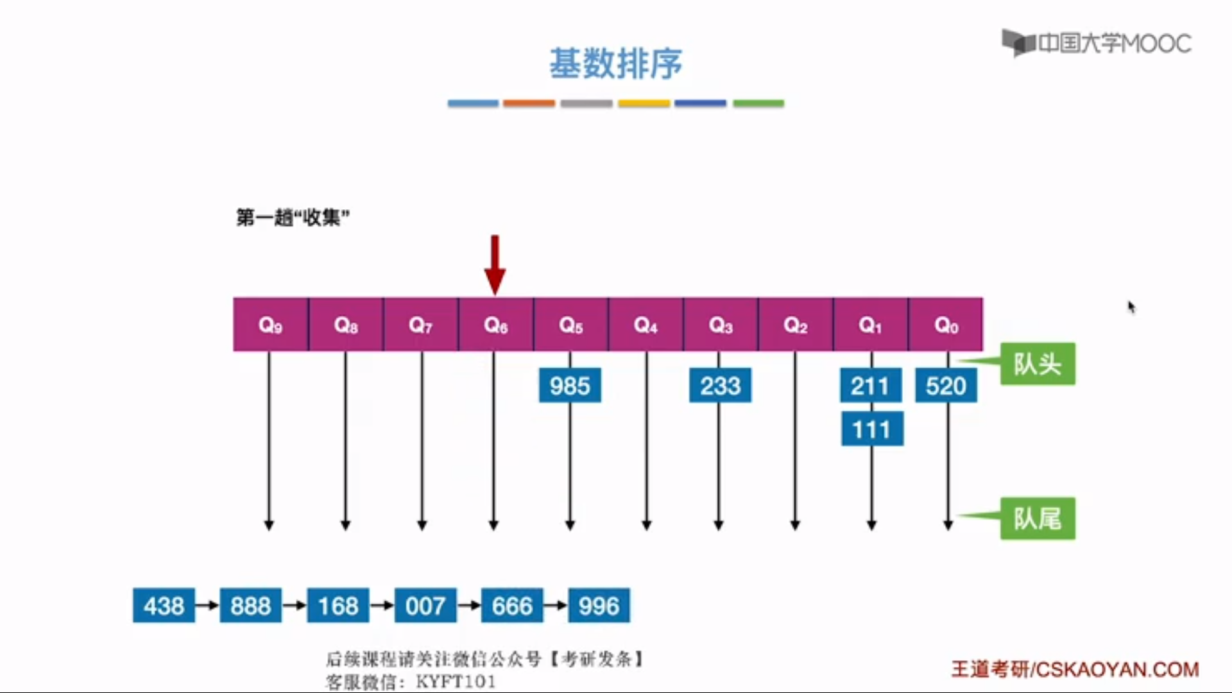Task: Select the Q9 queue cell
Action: click(x=270, y=325)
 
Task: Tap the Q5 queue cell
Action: click(x=570, y=325)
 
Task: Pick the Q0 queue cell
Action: click(x=946, y=325)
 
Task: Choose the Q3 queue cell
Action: click(x=721, y=325)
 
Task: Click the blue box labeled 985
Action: click(x=570, y=386)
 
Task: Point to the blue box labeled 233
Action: click(x=720, y=386)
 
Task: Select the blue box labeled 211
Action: click(x=870, y=386)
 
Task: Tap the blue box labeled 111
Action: click(x=872, y=429)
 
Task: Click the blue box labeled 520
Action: click(x=946, y=386)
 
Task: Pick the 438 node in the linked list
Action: click(x=164, y=606)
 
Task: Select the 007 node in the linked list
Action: click(x=425, y=606)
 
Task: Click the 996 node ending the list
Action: click(x=599, y=606)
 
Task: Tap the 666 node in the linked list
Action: click(x=512, y=606)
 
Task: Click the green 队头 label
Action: click(x=1038, y=364)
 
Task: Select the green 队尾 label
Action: click(x=1038, y=518)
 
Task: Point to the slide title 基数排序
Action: click(x=615, y=64)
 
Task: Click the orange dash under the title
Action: click(x=529, y=103)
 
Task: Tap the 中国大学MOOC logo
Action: click(x=1097, y=43)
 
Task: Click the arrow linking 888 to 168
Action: click(x=295, y=606)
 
